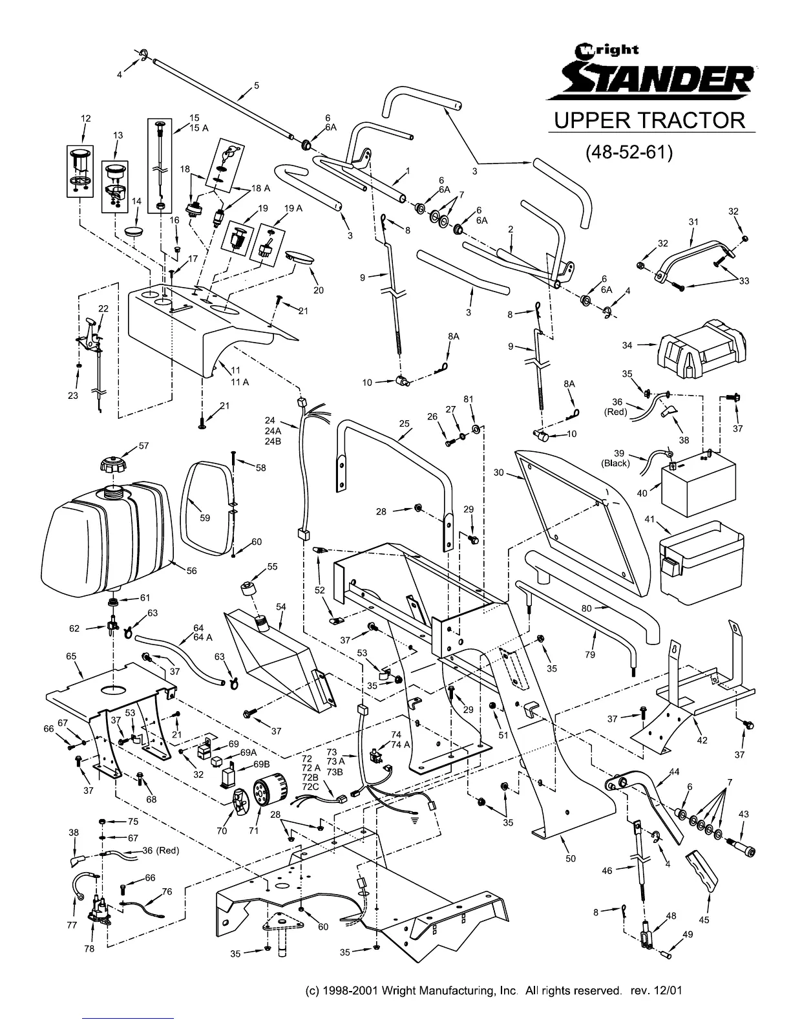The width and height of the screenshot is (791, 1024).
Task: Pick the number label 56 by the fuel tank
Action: [192, 571]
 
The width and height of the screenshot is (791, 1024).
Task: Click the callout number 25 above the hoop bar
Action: [405, 424]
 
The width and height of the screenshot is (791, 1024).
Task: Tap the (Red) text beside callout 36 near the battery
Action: [616, 411]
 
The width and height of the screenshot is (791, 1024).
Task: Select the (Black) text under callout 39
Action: [616, 463]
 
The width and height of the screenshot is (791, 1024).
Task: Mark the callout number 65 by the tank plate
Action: [71, 656]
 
